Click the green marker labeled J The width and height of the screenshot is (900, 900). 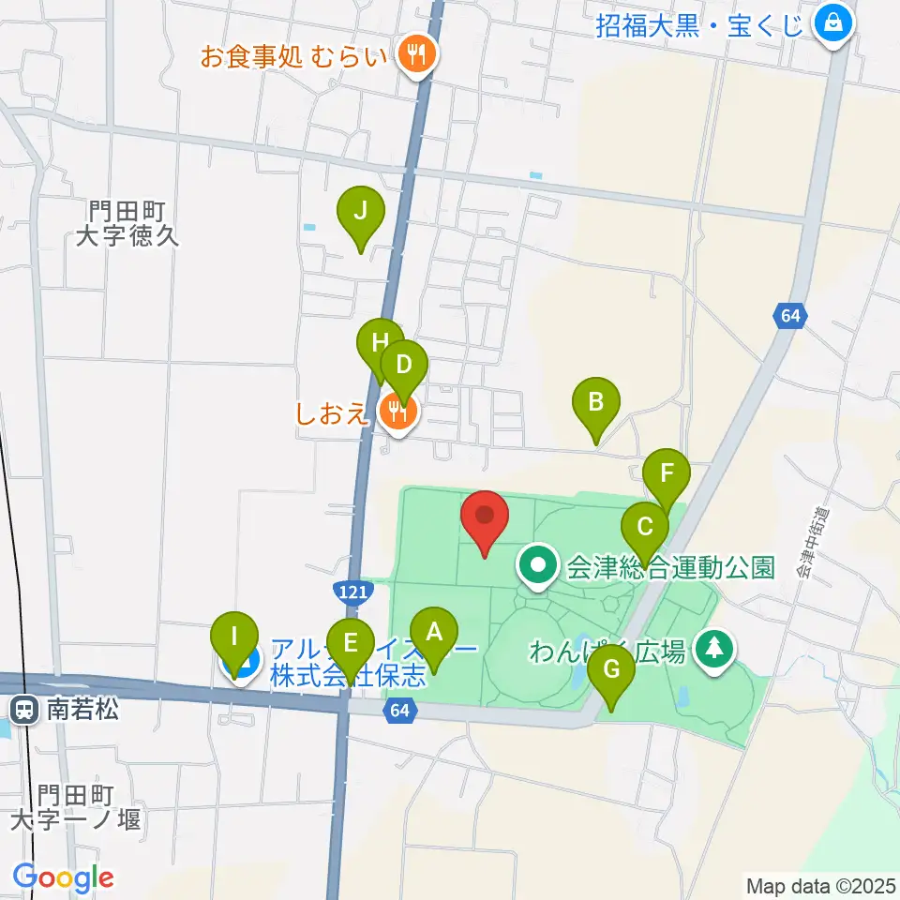[x=361, y=212]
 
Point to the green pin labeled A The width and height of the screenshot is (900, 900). [x=433, y=633]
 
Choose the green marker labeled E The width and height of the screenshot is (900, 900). [x=351, y=644]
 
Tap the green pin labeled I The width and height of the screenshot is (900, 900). [x=234, y=639]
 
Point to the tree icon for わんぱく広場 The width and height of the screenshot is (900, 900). [x=714, y=649]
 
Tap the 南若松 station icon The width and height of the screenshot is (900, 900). [x=25, y=707]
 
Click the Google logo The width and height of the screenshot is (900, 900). [x=63, y=878]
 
